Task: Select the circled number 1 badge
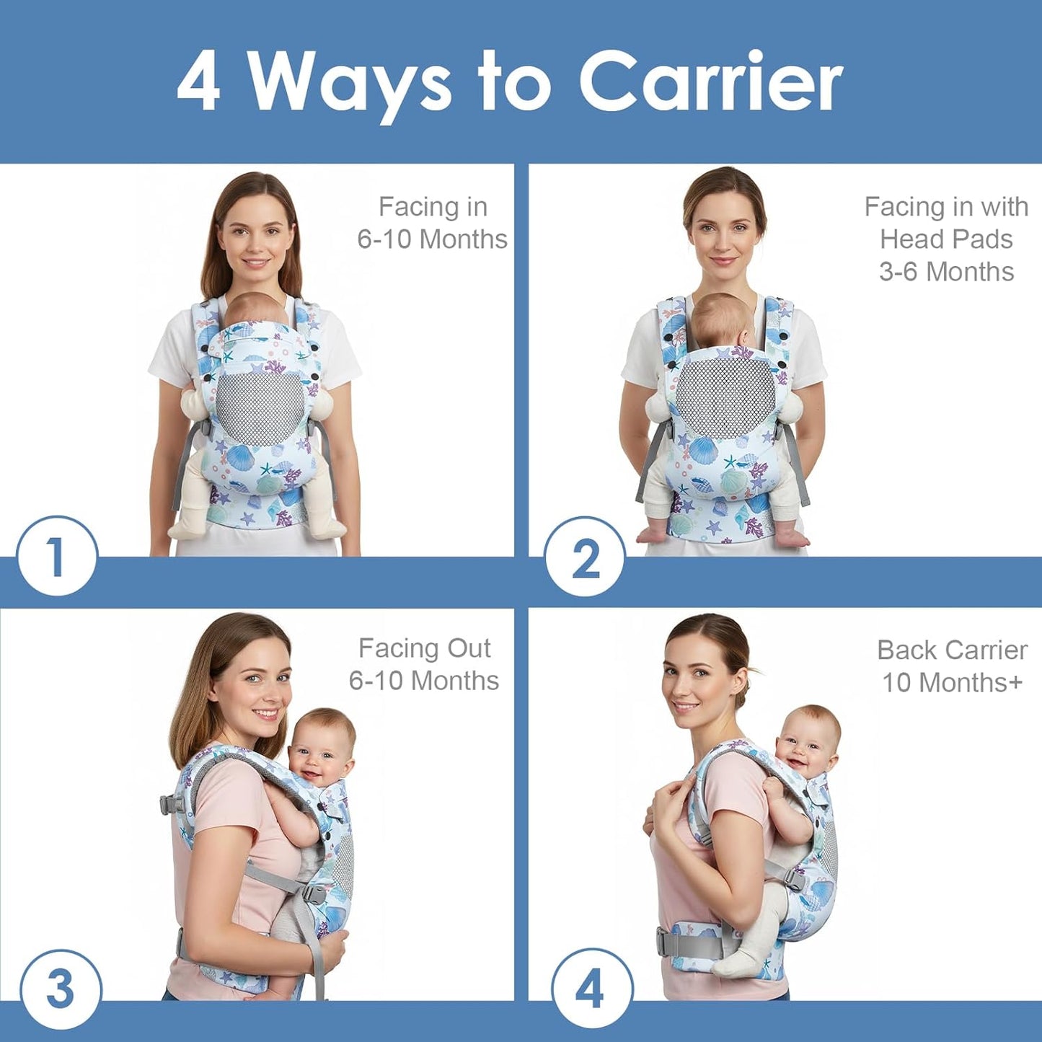[56, 556]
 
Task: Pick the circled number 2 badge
[585, 557]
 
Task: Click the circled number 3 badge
[61, 989]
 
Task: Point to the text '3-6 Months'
[946, 272]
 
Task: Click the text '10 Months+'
[952, 682]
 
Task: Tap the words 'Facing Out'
[424, 648]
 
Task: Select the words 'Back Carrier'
[952, 650]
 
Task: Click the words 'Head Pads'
[946, 239]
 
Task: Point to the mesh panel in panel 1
[260, 405]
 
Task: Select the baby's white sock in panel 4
[736, 959]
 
